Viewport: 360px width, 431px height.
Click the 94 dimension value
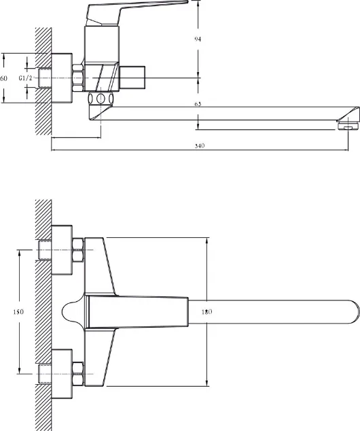click(x=198, y=39)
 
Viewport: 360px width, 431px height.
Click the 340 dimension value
click(x=200, y=146)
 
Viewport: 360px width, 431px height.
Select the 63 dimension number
click(x=198, y=104)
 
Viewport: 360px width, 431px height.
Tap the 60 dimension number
click(x=3, y=78)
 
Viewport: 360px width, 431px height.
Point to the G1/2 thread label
click(x=26, y=78)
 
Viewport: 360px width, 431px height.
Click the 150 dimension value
click(x=18, y=312)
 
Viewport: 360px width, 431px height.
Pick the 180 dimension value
click(x=206, y=312)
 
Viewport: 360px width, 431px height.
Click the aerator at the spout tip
click(x=348, y=126)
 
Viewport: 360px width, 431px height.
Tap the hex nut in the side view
click(x=77, y=77)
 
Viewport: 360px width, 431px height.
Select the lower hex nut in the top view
click(x=77, y=373)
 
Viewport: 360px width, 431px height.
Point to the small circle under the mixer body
click(x=101, y=98)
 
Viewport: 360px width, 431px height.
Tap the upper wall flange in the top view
click(x=62, y=250)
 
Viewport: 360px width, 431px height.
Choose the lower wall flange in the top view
click(x=62, y=374)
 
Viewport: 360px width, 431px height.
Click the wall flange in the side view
click(x=62, y=78)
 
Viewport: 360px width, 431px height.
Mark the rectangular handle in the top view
click(x=137, y=312)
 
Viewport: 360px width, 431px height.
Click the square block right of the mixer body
click(x=132, y=77)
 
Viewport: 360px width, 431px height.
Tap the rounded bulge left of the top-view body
click(x=73, y=312)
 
